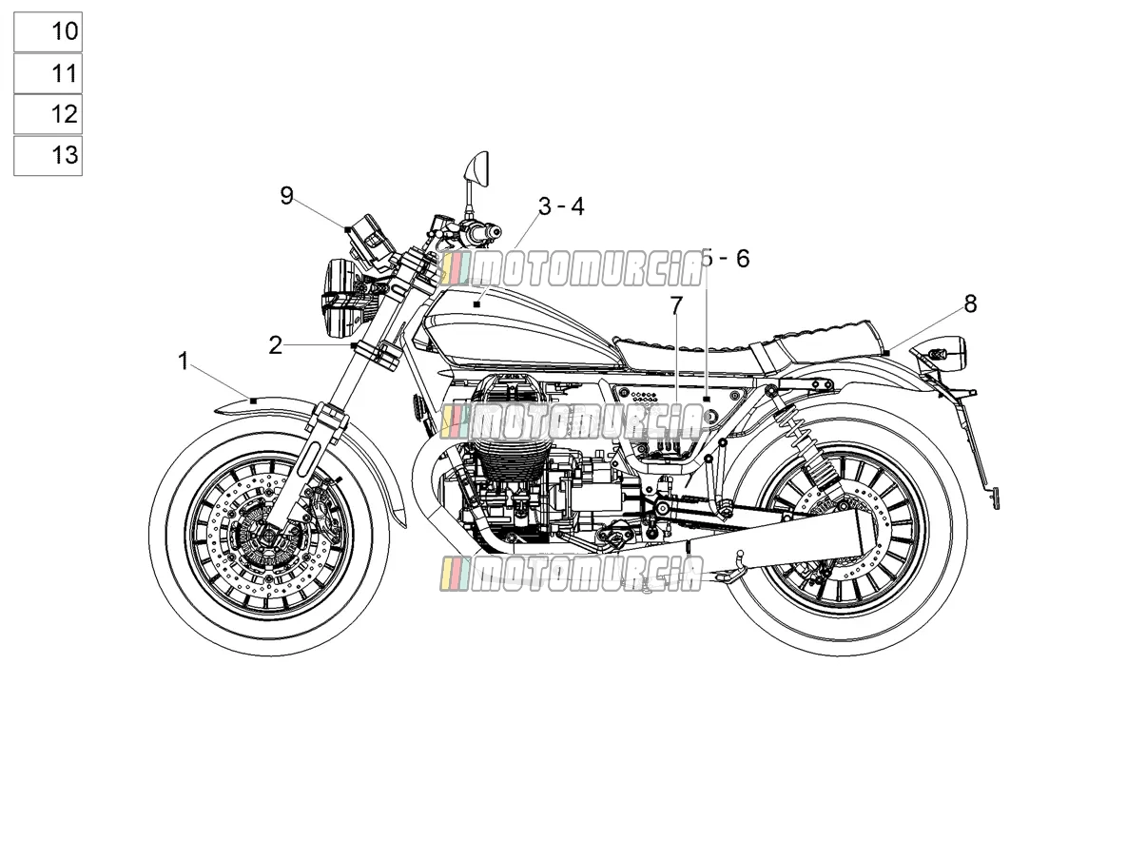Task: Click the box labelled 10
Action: click(48, 31)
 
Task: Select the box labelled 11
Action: click(48, 73)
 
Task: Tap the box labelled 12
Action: click(48, 114)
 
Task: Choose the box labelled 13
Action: click(48, 156)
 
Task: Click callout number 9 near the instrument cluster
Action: click(286, 196)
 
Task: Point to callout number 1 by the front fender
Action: click(184, 362)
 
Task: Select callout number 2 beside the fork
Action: click(275, 345)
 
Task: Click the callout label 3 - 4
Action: click(561, 206)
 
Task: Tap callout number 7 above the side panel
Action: click(676, 306)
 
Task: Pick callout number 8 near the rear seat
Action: click(970, 303)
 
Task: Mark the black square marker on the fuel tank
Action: click(476, 304)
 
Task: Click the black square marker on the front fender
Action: click(253, 401)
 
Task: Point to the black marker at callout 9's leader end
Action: click(348, 228)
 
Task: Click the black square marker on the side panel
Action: click(707, 399)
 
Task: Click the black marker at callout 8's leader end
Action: click(887, 354)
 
